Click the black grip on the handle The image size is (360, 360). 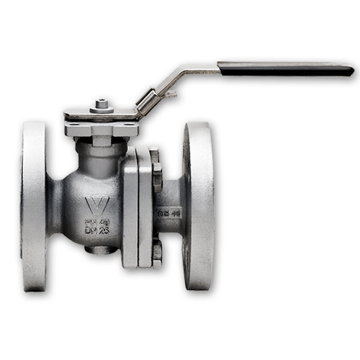(x=288, y=68)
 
